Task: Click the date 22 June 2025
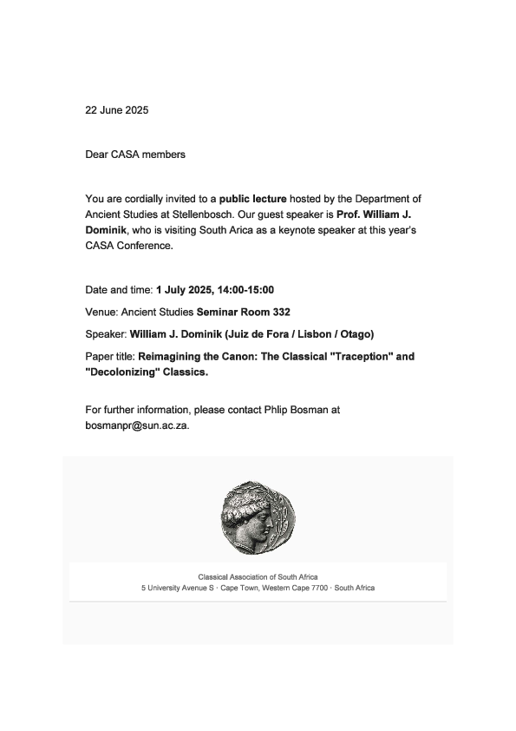117,110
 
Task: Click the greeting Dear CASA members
135,155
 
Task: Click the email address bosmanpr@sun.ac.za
136,426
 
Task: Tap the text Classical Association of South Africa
258,576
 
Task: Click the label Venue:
101,311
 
